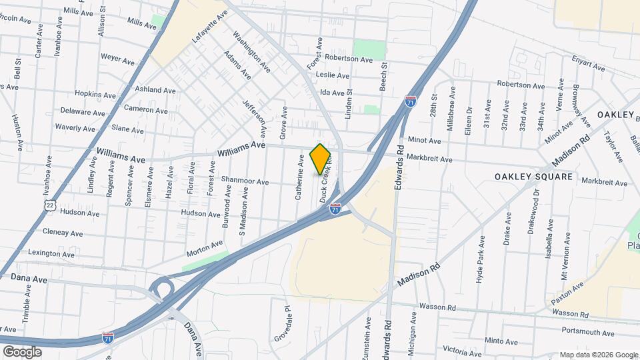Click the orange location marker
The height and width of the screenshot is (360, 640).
pos(321,159)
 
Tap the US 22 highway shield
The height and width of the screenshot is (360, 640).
pos(51,207)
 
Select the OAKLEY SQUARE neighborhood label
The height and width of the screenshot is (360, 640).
pos(533,177)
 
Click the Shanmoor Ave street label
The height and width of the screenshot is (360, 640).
pos(245,181)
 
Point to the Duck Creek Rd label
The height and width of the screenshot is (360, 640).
pos(326,184)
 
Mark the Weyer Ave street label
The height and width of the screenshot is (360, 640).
pos(117,59)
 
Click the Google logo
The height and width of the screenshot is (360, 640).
pos(23,351)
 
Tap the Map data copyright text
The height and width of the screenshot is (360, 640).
pos(597,355)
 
